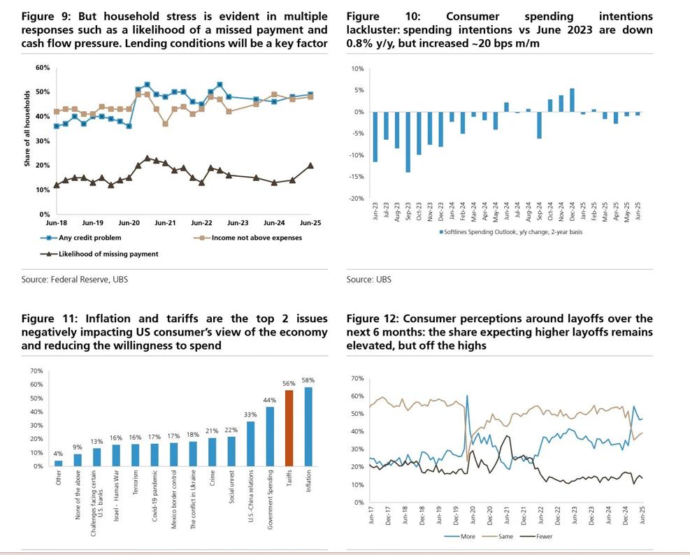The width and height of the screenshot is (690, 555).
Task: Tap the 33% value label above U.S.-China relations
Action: (x=251, y=415)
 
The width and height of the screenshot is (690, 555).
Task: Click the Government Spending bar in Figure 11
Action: (x=270, y=436)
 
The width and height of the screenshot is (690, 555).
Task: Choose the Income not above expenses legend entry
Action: (x=252, y=238)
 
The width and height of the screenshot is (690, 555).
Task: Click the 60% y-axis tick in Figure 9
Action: (x=43, y=68)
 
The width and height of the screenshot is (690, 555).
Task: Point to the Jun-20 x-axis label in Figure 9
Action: (x=129, y=223)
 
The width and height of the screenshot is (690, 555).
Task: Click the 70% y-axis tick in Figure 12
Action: (x=357, y=379)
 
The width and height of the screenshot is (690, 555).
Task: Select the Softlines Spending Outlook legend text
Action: (x=513, y=232)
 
